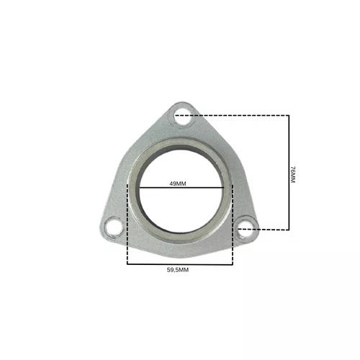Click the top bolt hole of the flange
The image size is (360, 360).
pyautogui.click(x=183, y=117)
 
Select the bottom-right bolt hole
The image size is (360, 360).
pyautogui.click(x=246, y=228)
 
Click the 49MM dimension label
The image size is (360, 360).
pyautogui.click(x=178, y=184)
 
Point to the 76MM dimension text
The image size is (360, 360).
pyautogui.click(x=292, y=174)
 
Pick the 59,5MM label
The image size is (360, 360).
pyautogui.click(x=178, y=270)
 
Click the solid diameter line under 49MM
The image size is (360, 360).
pyautogui.click(x=181, y=187)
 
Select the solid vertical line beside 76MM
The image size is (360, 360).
pyautogui.click(x=289, y=173)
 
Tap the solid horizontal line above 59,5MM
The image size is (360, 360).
pyautogui.click(x=180, y=264)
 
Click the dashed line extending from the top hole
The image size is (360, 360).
pyautogui.click(x=232, y=115)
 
